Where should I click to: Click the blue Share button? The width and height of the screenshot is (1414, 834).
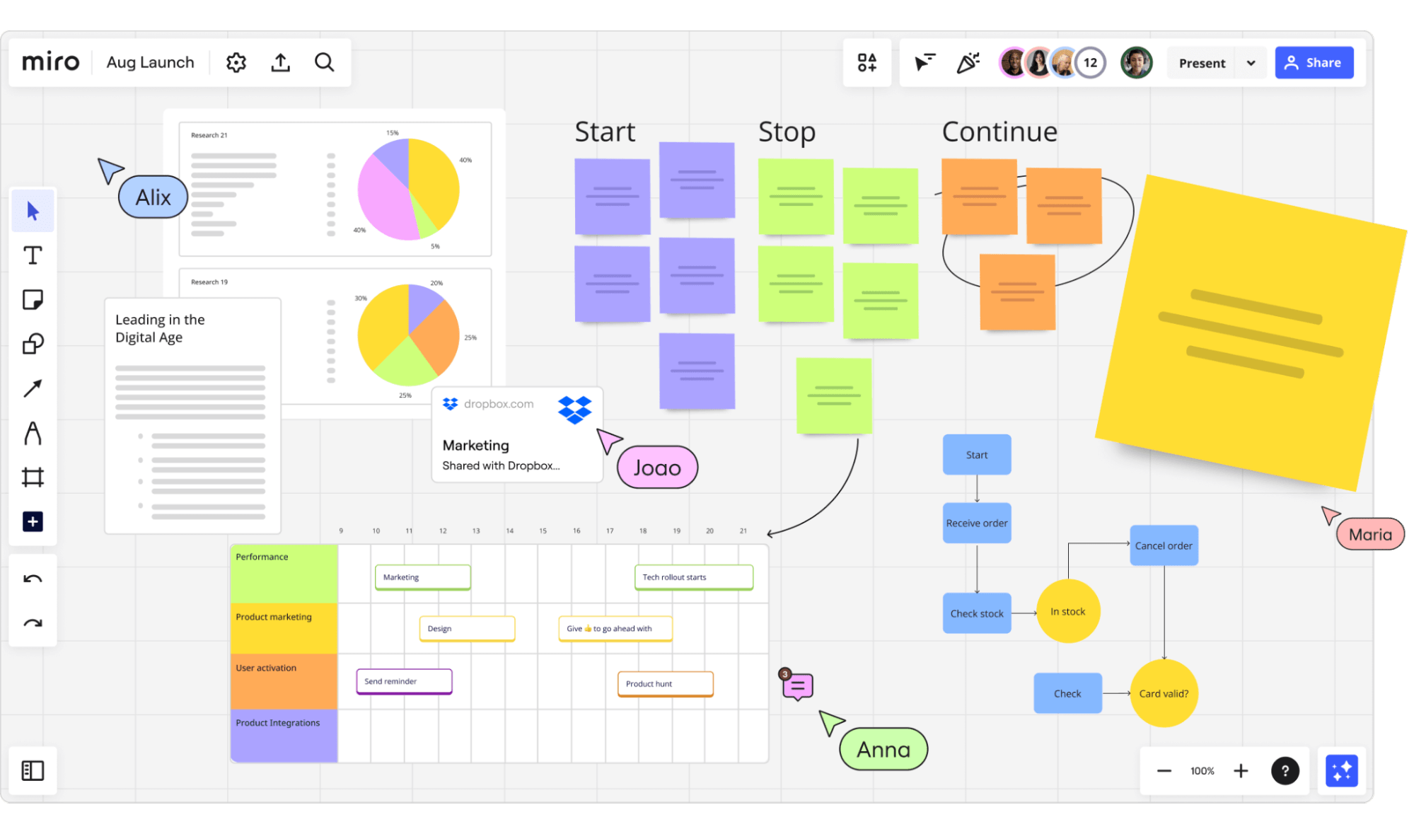[x=1314, y=63]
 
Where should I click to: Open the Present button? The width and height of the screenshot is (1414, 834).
[x=1201, y=63]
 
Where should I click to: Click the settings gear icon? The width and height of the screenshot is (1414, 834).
[x=236, y=62]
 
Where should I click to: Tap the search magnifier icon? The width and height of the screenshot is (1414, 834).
[x=324, y=62]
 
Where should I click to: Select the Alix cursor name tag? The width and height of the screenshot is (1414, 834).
[x=153, y=197]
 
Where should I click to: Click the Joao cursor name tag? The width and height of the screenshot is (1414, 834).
[x=657, y=468]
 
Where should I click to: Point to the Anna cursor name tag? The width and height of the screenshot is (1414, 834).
[x=883, y=749]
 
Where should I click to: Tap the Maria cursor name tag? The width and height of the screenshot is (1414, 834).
[x=1369, y=535]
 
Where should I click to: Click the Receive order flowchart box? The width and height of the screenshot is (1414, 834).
[x=976, y=523]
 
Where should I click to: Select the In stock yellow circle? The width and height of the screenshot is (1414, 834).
[x=1067, y=612]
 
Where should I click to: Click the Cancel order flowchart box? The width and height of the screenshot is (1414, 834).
[x=1163, y=545]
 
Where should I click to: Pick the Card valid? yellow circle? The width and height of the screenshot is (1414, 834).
[x=1163, y=693]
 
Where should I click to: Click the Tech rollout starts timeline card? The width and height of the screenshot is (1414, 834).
[x=693, y=577]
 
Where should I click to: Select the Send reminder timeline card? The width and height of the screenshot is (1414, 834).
[x=404, y=681]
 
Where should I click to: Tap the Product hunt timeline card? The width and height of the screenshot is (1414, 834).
[x=665, y=684]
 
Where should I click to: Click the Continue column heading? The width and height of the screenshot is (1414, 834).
[x=999, y=132]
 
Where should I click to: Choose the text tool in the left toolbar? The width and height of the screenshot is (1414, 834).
[x=33, y=255]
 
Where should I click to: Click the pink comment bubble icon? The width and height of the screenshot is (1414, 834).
[x=797, y=686]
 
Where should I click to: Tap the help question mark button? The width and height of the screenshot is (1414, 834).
[x=1285, y=770]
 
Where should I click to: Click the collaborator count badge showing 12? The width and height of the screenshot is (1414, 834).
[x=1090, y=63]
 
